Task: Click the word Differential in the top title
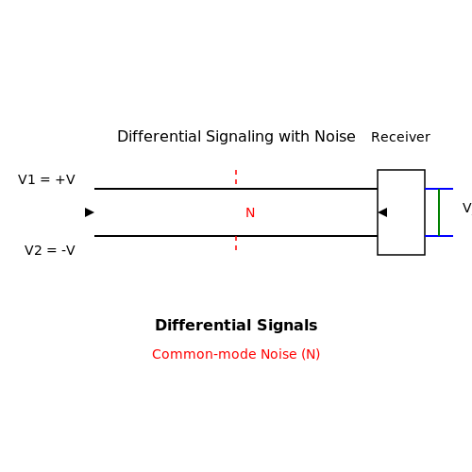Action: tap(160, 137)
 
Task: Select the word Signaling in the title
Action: tap(240, 138)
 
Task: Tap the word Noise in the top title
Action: tap(335, 137)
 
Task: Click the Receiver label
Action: tap(400, 137)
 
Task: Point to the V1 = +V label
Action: tap(46, 179)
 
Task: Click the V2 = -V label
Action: tap(50, 250)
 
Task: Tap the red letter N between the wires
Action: tap(250, 212)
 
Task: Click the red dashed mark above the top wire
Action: tap(236, 177)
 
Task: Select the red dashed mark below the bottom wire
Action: tap(236, 244)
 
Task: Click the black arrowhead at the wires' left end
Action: tap(90, 212)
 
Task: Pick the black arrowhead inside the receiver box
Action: tap(382, 212)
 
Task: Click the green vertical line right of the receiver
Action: tap(439, 212)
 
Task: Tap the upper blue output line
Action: tap(439, 189)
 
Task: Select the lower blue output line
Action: tap(439, 236)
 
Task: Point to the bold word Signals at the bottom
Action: tap(287, 326)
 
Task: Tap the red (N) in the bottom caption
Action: tap(311, 355)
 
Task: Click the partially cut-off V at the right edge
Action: tap(467, 208)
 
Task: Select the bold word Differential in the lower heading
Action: tap(203, 326)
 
